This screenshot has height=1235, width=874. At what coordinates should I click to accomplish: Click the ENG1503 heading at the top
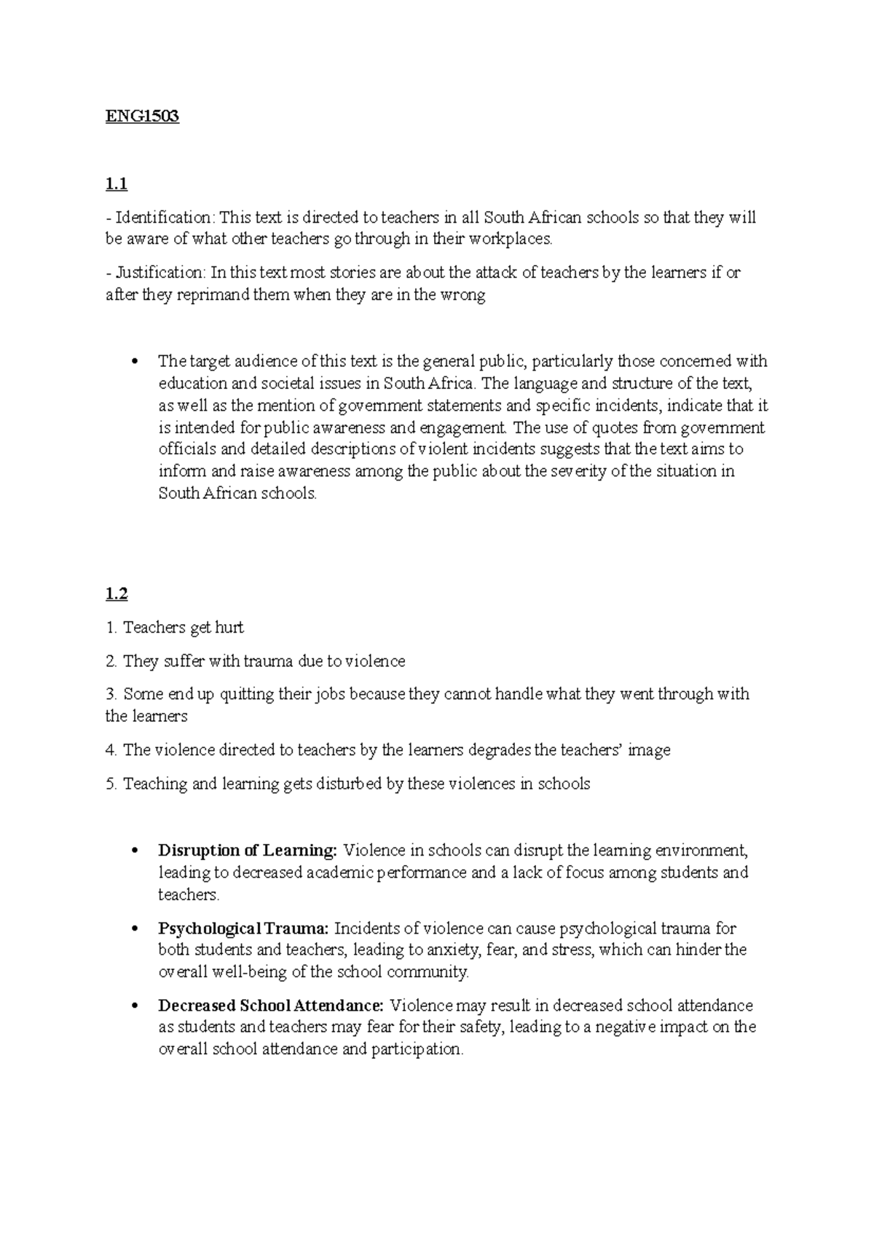tap(142, 117)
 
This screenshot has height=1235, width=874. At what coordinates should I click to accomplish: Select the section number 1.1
tap(117, 184)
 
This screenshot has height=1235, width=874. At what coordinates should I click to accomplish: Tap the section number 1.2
tap(117, 594)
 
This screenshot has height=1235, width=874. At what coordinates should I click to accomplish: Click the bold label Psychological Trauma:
tap(244, 928)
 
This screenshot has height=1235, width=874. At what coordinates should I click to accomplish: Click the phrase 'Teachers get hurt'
tap(184, 628)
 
